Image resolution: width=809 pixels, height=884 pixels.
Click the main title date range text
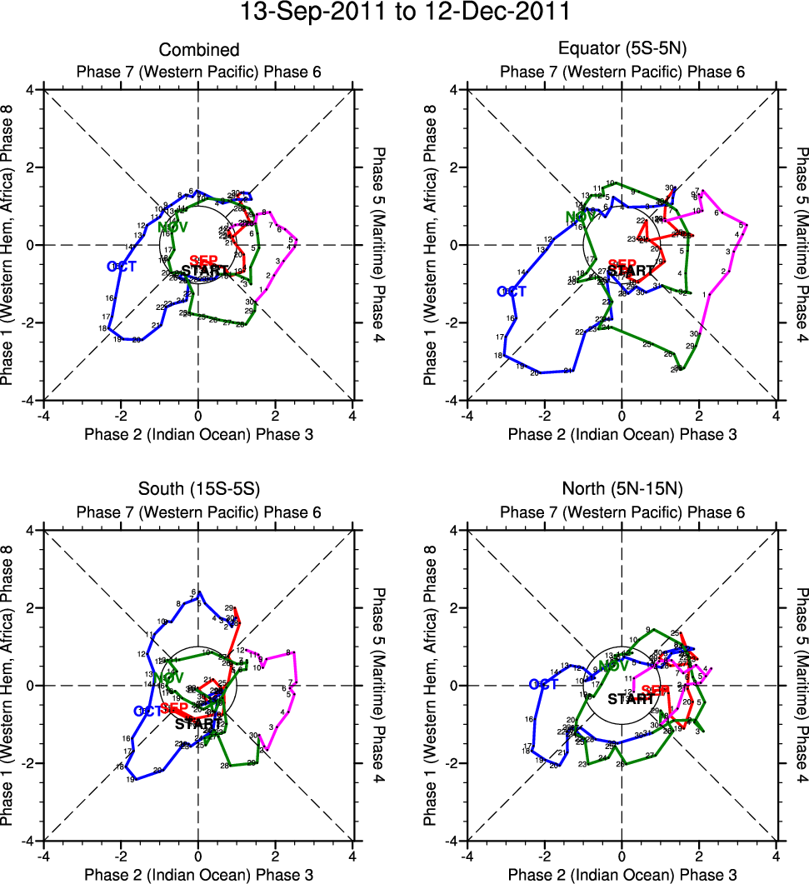pos(404,13)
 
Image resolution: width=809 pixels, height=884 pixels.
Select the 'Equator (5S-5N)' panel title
pos(622,51)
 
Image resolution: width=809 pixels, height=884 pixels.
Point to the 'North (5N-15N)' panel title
pos(622,491)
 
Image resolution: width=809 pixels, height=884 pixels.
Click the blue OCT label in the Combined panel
pos(122,266)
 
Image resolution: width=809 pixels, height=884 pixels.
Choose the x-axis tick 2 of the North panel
pos(699,856)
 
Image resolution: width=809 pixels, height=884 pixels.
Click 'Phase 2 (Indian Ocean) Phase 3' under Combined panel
pos(198,434)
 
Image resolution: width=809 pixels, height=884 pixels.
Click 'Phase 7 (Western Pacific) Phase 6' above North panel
pos(622,512)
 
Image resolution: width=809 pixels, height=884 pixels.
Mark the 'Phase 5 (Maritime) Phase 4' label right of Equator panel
pos(802,245)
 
